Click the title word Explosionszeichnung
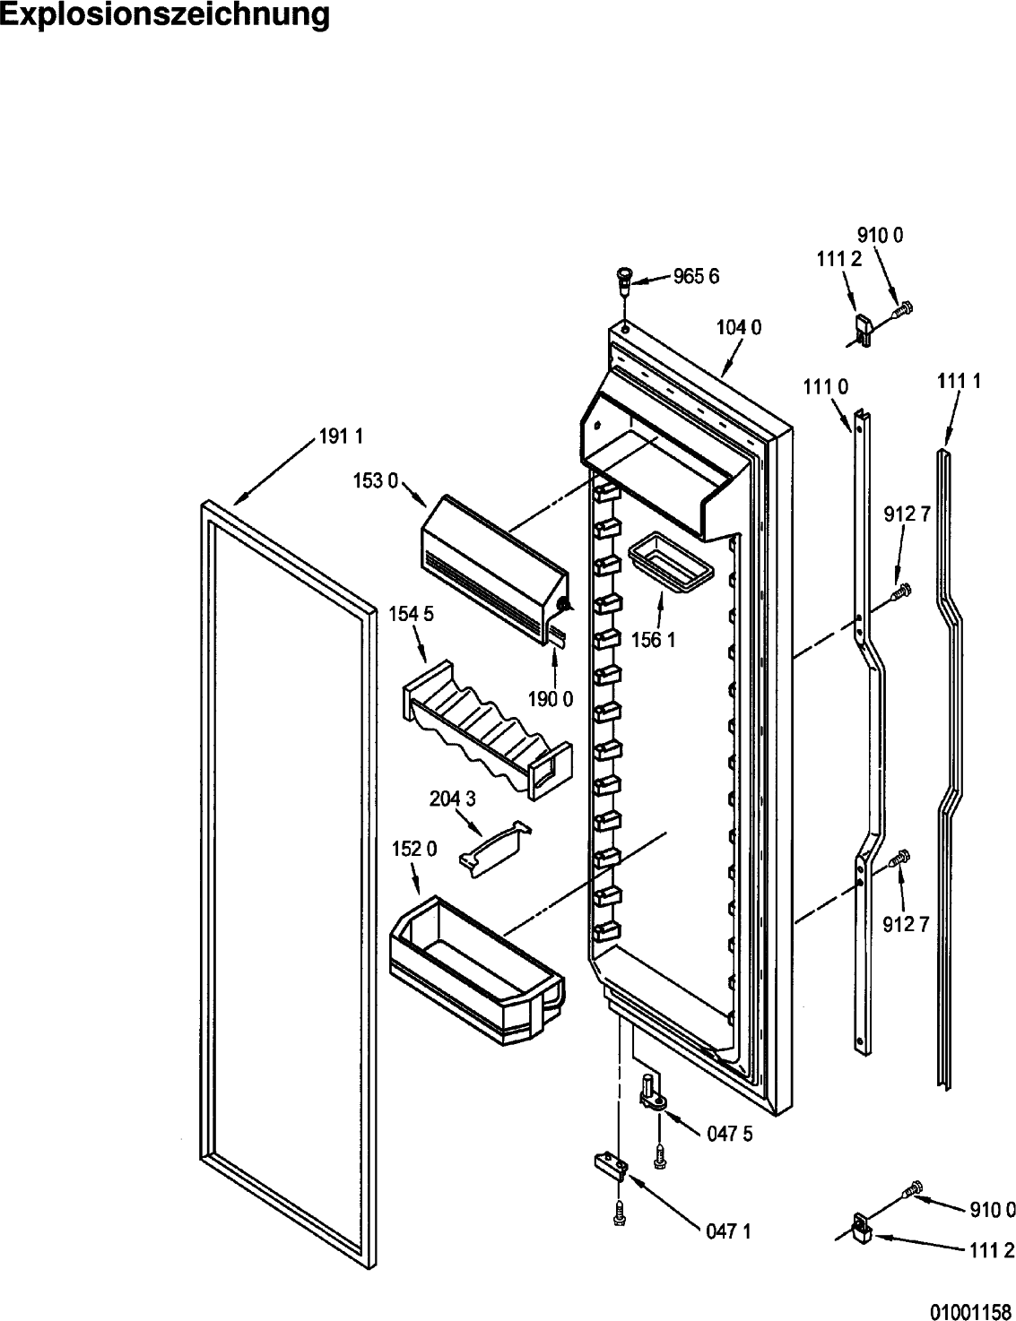[165, 16]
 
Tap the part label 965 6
[696, 277]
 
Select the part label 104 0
[739, 328]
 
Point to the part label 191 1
[341, 436]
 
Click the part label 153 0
[376, 481]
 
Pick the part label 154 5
[412, 614]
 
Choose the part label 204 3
[452, 799]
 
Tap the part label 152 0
[414, 849]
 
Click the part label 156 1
[654, 640]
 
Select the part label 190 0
[551, 700]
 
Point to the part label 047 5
[730, 1134]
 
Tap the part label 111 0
[826, 386]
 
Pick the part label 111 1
[959, 381]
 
